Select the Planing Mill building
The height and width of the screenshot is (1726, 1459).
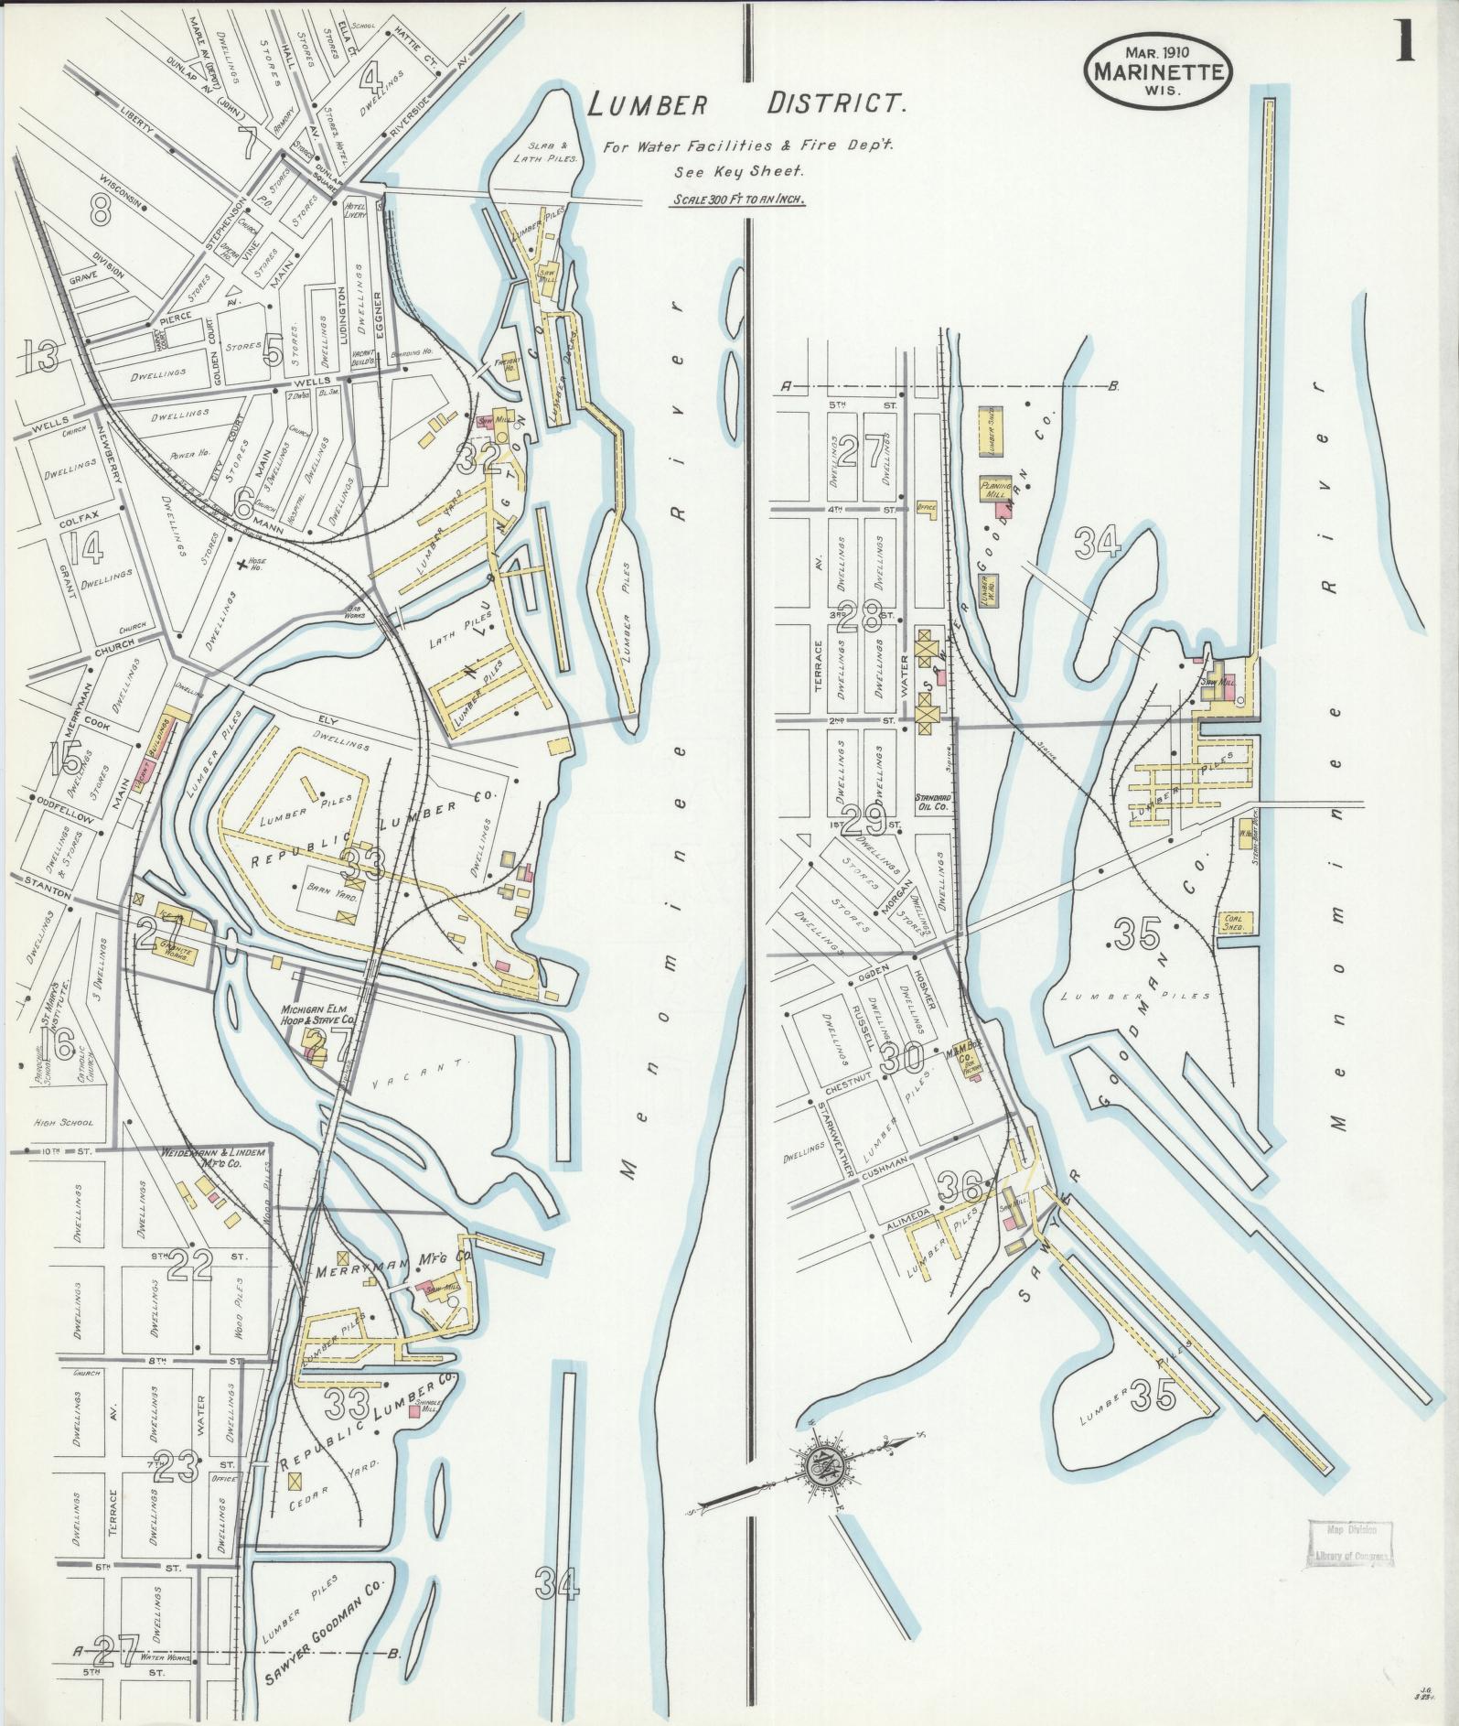click(994, 489)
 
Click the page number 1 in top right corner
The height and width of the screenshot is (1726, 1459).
click(1405, 39)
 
